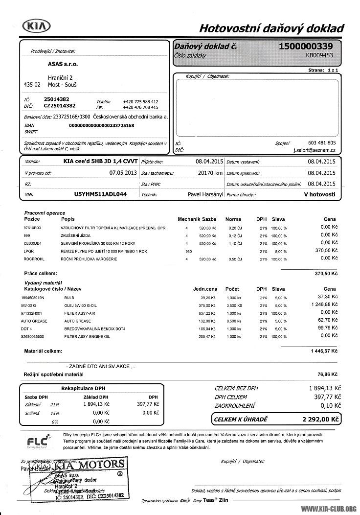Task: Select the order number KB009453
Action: pyautogui.click(x=319, y=55)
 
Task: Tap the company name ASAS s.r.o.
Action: pyautogui.click(x=63, y=64)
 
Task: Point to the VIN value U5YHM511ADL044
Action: pyautogui.click(x=100, y=194)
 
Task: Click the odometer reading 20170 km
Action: pyautogui.click(x=210, y=173)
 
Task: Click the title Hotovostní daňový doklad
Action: pyautogui.click(x=271, y=28)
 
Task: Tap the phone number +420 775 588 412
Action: pyautogui.click(x=140, y=101)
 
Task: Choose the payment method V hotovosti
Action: pyautogui.click(x=319, y=194)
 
